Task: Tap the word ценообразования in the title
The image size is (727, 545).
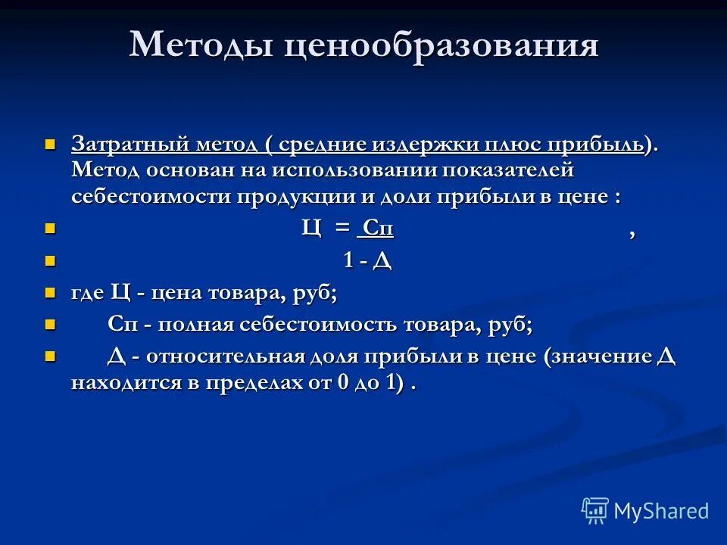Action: [x=442, y=45]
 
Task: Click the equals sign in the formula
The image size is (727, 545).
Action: [x=344, y=227]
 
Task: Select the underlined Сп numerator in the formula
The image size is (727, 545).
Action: [x=377, y=228]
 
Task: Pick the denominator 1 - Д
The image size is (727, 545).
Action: [x=367, y=261]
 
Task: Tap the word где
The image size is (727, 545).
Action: [x=89, y=293]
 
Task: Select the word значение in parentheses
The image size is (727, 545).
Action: [x=602, y=357]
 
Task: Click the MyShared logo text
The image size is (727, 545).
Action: [x=660, y=511]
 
